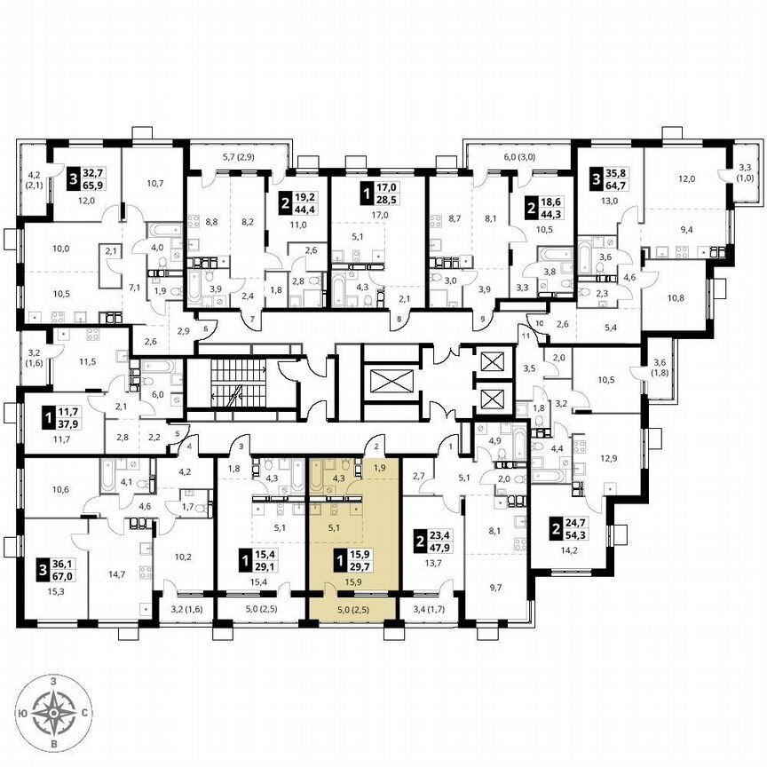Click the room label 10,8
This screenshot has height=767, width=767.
pos(677,297)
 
